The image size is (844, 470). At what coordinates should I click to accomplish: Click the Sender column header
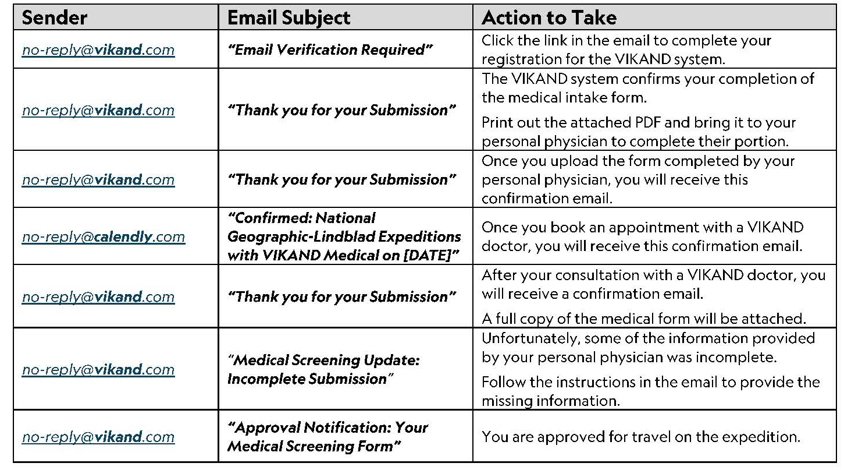[x=54, y=17]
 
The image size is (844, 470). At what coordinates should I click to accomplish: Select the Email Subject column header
[x=289, y=17]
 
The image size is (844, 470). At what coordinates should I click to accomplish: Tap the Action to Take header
[x=549, y=17]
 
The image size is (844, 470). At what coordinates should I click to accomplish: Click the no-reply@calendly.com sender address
[x=104, y=237]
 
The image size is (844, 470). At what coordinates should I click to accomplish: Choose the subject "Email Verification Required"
[x=330, y=50]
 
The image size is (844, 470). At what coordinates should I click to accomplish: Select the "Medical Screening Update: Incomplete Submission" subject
[x=323, y=370]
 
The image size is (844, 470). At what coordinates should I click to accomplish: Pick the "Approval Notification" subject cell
[x=327, y=437]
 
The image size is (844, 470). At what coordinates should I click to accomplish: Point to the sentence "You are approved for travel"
[x=640, y=437]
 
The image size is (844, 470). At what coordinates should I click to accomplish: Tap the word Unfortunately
[x=529, y=338]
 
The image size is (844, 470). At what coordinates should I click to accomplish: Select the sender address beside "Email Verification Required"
[x=98, y=50]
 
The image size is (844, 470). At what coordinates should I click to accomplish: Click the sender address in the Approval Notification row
[x=98, y=437]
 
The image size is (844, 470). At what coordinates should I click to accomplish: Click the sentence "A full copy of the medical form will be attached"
[x=643, y=319]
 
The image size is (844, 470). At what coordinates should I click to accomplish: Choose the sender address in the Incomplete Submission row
[x=98, y=370]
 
